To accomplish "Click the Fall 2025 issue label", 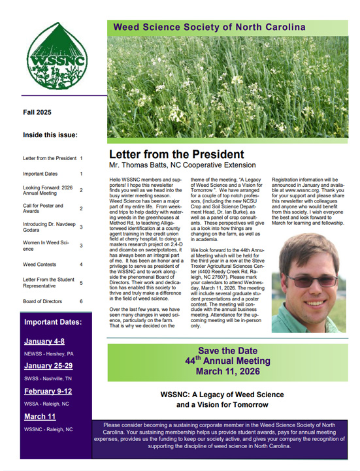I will click(37, 112).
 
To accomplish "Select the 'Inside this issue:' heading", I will click(50, 135).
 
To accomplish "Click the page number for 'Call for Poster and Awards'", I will click(81, 208).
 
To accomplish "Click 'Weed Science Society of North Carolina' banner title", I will click(209, 27).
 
